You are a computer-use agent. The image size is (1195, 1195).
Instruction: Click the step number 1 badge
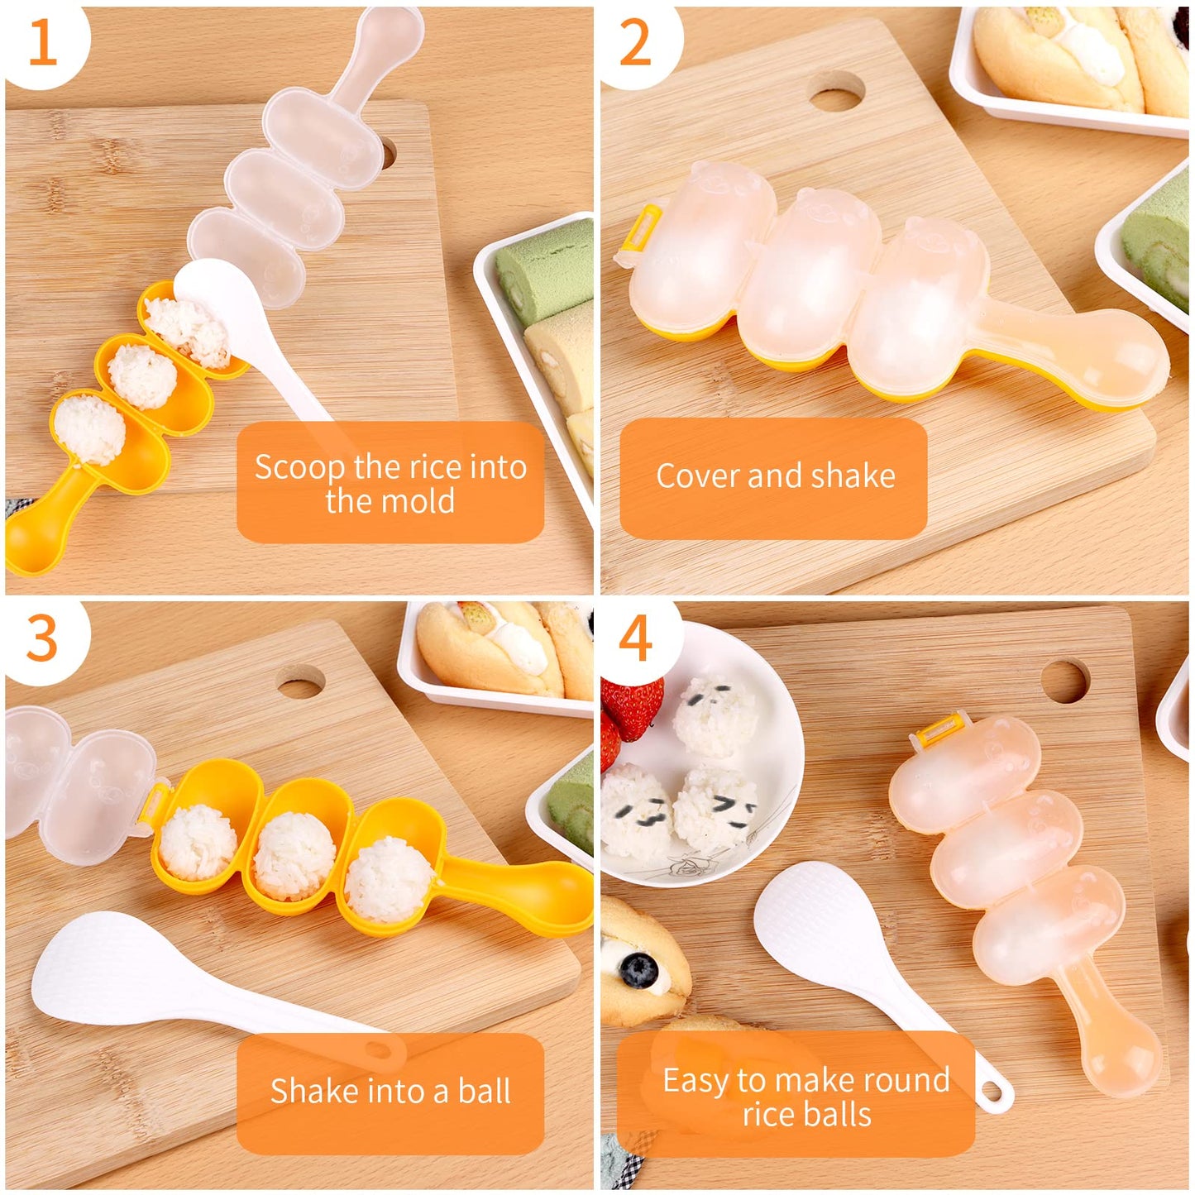click(x=42, y=42)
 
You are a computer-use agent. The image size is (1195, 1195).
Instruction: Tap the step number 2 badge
click(x=635, y=42)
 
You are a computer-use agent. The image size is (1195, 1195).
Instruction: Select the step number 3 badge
click(x=42, y=638)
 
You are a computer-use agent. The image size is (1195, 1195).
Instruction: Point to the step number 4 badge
click(x=635, y=638)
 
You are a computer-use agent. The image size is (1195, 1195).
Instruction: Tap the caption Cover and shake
click(x=775, y=476)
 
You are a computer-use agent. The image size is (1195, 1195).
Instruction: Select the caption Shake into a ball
click(x=390, y=1092)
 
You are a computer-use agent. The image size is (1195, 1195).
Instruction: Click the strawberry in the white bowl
click(x=631, y=707)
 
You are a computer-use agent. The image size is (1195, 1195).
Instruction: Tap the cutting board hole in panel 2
click(x=836, y=90)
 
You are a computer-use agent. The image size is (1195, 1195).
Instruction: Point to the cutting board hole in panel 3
click(x=300, y=683)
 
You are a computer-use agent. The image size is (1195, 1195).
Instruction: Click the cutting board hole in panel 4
click(x=1064, y=681)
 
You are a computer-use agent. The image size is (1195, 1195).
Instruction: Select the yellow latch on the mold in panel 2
click(x=643, y=228)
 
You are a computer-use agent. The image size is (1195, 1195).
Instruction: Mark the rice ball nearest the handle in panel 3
click(x=389, y=879)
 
